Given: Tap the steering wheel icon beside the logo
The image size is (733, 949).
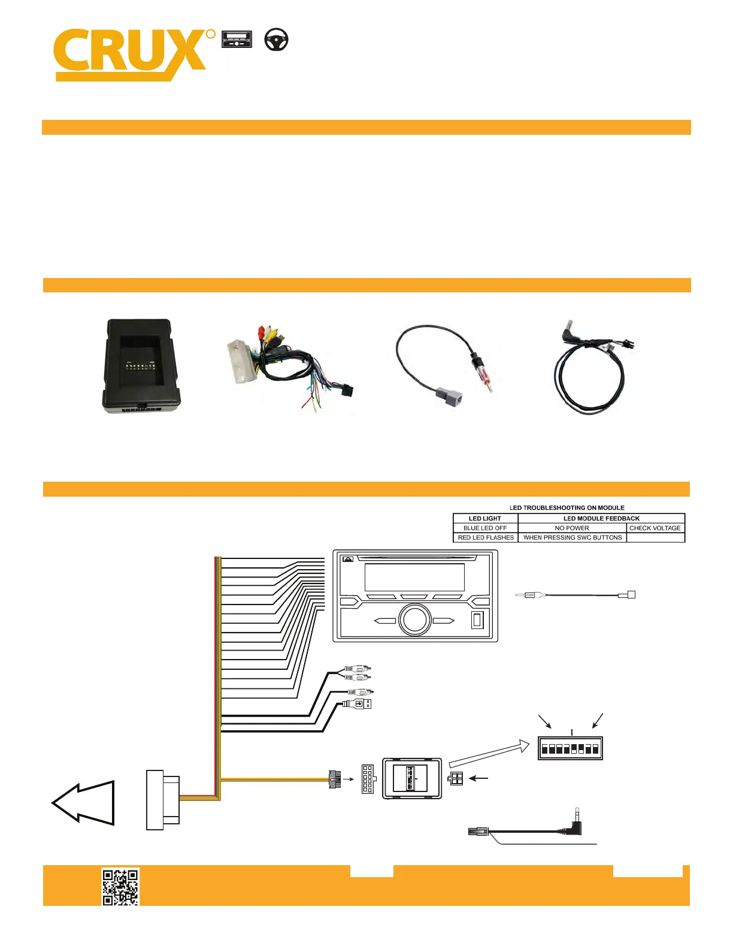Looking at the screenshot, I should tap(276, 40).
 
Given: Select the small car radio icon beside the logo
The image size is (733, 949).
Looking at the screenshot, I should tap(237, 40).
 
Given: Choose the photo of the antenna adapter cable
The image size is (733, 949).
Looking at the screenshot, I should tap(446, 360).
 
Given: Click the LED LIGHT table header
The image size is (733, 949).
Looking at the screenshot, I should tap(485, 518).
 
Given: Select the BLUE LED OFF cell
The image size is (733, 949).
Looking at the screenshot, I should tap(485, 528).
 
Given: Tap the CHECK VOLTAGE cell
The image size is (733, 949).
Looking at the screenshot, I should tap(655, 528).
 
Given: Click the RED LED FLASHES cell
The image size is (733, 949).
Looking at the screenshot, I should tap(485, 537).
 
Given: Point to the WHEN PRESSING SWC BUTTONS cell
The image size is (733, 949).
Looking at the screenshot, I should tap(572, 537).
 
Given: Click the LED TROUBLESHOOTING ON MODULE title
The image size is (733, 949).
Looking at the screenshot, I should tap(567, 507).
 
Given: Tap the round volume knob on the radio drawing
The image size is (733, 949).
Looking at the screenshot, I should tap(414, 619).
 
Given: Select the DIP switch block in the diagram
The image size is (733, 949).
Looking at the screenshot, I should tap(570, 748).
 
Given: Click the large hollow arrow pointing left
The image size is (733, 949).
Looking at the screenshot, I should tap(83, 803).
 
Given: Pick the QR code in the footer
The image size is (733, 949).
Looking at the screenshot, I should tap(120, 887).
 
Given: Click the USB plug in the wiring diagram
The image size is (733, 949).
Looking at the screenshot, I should tap(358, 704).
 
